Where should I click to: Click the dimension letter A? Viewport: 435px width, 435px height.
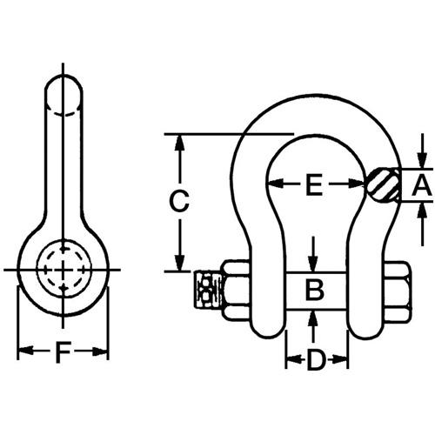click(422, 184)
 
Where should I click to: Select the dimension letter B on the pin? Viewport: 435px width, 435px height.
click(314, 290)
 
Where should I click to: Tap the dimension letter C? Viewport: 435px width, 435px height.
click(179, 201)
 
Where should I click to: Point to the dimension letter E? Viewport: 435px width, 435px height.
click(314, 184)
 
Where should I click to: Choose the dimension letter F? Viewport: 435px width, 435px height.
click(63, 352)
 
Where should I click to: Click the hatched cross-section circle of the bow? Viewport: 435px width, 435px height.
click(384, 185)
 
